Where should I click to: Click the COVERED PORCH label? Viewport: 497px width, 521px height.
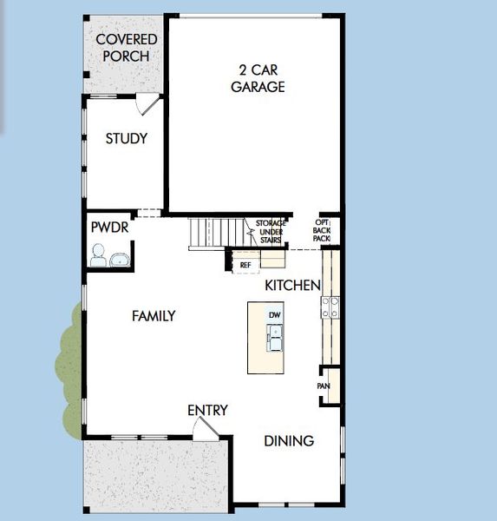tap(127, 48)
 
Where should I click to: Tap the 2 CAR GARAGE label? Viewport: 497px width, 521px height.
tap(258, 78)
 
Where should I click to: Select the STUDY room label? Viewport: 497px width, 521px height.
tap(127, 139)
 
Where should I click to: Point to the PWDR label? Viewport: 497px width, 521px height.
tap(108, 228)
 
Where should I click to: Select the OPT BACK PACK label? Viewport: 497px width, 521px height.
tap(321, 230)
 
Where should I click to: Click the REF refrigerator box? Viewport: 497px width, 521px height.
tap(245, 264)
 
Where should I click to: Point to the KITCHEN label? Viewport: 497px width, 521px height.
tap(292, 285)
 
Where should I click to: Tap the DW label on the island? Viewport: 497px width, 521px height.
tap(273, 314)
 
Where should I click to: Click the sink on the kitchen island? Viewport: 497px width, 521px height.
tap(274, 337)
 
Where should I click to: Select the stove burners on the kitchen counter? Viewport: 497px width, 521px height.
tap(330, 306)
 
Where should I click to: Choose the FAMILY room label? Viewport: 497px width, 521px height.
tap(154, 316)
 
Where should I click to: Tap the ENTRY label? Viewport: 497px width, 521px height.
tap(208, 410)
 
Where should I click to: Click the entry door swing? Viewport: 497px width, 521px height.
tap(206, 428)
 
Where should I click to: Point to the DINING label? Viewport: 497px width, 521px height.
tap(289, 441)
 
